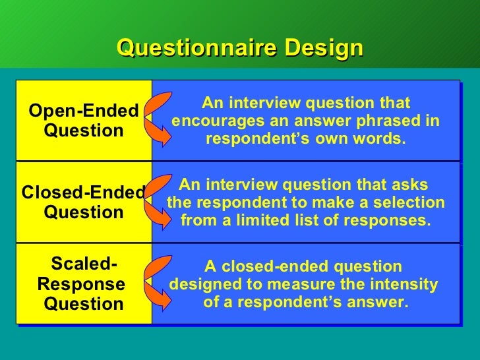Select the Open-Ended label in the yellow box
84,111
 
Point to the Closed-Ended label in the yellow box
84,193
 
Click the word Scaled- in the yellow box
84,264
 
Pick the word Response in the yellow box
81,284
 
